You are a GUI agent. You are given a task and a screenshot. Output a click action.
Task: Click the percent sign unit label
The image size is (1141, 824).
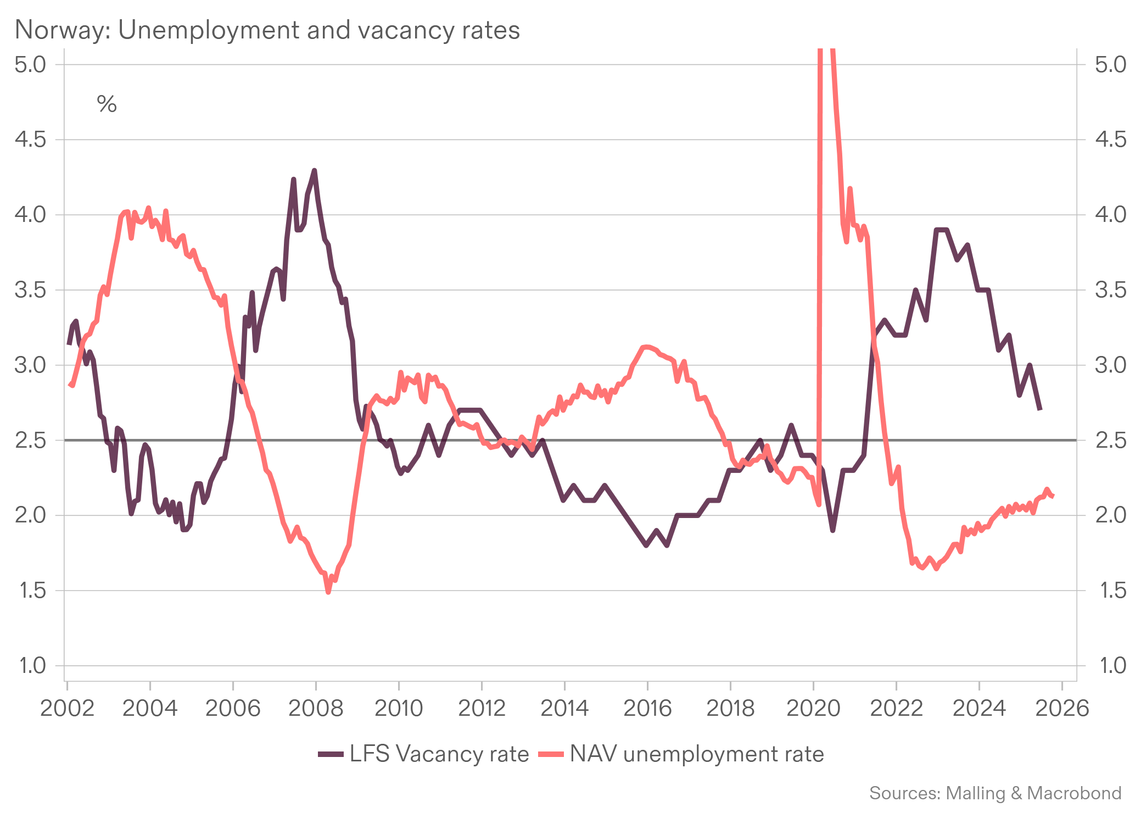[107, 104]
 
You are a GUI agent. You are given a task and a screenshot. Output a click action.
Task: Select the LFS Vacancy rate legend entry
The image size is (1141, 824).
[423, 754]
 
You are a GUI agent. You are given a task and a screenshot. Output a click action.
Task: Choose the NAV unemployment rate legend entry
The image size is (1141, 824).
[681, 754]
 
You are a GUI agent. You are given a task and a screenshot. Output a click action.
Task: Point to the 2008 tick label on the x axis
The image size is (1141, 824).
[316, 708]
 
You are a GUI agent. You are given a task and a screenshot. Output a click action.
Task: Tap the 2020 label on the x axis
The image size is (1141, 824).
[813, 708]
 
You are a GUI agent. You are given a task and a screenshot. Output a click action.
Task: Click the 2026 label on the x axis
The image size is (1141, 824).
[1062, 708]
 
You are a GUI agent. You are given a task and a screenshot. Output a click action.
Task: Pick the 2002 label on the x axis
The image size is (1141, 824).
[68, 708]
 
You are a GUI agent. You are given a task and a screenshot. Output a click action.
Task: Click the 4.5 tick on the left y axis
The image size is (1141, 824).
[31, 140]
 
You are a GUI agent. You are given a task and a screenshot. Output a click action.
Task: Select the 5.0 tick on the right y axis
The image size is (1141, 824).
[1110, 64]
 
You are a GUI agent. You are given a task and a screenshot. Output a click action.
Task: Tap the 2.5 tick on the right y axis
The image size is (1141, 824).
[1110, 440]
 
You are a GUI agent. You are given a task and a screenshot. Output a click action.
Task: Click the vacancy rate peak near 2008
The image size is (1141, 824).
[314, 170]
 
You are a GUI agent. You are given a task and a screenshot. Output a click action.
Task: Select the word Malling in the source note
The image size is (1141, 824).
[976, 793]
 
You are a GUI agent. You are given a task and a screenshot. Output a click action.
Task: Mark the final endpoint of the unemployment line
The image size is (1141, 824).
[1053, 496]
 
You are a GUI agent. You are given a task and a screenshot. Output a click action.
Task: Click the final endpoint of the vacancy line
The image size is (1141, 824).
[1040, 410]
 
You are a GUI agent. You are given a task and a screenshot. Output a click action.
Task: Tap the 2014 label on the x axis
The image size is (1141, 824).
[564, 708]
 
